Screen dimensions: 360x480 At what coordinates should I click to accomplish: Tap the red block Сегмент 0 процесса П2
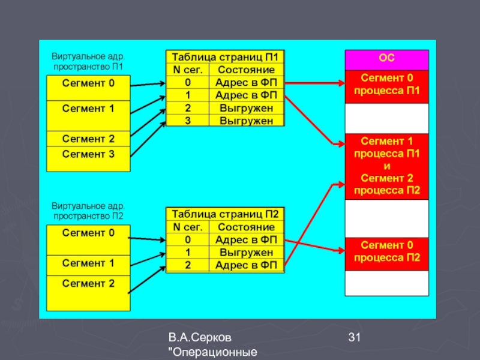(387, 253)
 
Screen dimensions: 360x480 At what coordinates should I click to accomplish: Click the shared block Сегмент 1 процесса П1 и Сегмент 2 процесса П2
(387, 166)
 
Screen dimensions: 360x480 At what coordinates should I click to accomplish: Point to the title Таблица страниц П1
(226, 57)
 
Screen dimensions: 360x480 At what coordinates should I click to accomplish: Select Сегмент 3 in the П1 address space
(88, 154)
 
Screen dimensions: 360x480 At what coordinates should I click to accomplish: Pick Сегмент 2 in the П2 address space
(88, 283)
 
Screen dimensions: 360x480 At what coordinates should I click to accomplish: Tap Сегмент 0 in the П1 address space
(88, 83)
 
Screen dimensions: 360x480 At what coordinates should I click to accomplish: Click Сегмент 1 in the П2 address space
(88, 263)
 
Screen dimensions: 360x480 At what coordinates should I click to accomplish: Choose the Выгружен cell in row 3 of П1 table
(246, 121)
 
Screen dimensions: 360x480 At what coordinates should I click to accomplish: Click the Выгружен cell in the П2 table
(246, 253)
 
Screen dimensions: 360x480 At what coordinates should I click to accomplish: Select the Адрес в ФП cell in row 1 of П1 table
(246, 95)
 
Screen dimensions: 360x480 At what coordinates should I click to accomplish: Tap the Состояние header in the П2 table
(246, 227)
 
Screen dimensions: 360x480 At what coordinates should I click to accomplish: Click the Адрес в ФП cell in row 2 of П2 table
(246, 265)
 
